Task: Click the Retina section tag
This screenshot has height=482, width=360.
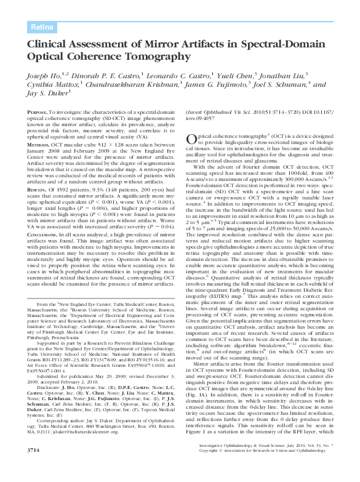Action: tap(42, 26)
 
